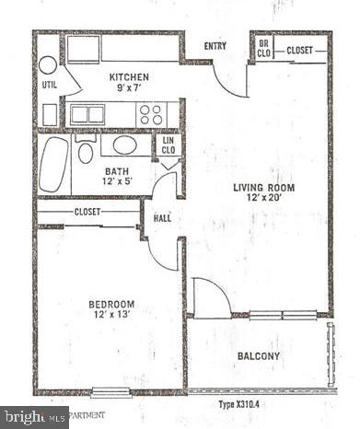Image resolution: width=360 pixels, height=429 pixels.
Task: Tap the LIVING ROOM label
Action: (262, 187)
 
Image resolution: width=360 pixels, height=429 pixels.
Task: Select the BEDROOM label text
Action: (111, 304)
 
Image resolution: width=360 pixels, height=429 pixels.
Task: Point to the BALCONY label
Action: (258, 356)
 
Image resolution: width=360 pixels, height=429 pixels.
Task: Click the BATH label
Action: (116, 171)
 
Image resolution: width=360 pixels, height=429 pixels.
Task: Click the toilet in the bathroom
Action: (86, 152)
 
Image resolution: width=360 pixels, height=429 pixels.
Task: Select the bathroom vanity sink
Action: (124, 145)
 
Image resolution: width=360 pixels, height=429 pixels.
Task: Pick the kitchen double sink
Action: (87, 114)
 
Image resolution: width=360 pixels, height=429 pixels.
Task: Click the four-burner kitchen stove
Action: (151, 114)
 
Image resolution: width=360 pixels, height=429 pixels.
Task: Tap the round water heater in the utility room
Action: (47, 64)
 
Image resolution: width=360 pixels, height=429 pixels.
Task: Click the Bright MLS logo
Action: (35, 417)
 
